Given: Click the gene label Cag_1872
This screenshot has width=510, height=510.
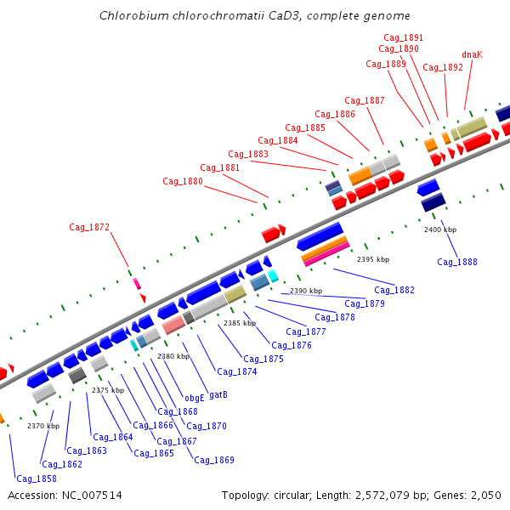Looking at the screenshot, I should [x=89, y=227].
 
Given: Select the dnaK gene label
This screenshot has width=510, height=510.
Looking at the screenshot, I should [x=472, y=54].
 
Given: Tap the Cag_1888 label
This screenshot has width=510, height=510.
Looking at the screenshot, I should [x=457, y=262].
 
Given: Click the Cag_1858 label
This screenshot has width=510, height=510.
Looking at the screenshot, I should [x=37, y=479].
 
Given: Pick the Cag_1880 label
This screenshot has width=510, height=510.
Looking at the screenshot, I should [x=183, y=181].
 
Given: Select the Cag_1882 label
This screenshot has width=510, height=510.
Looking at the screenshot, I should [x=394, y=290].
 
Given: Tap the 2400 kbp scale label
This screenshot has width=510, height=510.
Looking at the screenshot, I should [x=440, y=229].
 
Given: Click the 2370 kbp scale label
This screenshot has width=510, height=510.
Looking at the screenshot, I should [x=43, y=426].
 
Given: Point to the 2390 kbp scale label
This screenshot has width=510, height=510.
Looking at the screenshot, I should [x=306, y=291].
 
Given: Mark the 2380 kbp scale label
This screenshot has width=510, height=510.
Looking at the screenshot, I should [x=173, y=356].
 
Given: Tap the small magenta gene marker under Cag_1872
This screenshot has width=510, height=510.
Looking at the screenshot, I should [x=136, y=283].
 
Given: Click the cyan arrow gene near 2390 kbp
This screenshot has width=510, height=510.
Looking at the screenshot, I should [x=273, y=275].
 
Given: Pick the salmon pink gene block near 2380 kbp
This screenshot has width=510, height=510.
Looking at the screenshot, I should [x=173, y=325].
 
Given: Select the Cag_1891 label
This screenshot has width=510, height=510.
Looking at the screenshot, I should [x=403, y=37].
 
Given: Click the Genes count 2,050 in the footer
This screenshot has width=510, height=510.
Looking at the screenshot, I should [x=484, y=496].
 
